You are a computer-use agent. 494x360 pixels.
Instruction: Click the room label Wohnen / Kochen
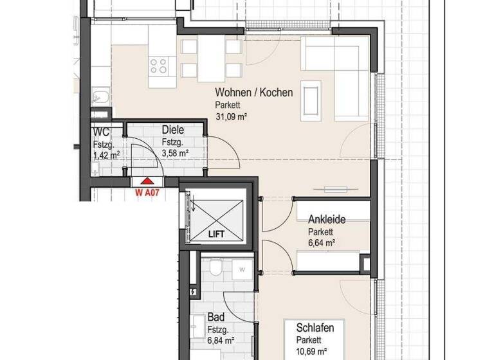[254, 93]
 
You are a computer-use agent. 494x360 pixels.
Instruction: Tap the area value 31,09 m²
[232, 117]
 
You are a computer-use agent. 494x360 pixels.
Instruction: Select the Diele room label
[174, 129]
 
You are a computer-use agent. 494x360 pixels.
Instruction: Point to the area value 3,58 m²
[174, 153]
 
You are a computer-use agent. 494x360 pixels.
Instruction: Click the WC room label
[102, 132]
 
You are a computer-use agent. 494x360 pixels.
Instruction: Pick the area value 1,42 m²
[106, 155]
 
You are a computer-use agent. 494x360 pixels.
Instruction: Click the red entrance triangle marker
[147, 183]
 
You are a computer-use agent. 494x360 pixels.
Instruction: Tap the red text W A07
[147, 192]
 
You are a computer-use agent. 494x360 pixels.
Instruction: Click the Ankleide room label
[326, 220]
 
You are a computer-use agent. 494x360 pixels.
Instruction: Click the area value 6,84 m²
[221, 341]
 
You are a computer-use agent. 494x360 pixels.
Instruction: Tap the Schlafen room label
[315, 328]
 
